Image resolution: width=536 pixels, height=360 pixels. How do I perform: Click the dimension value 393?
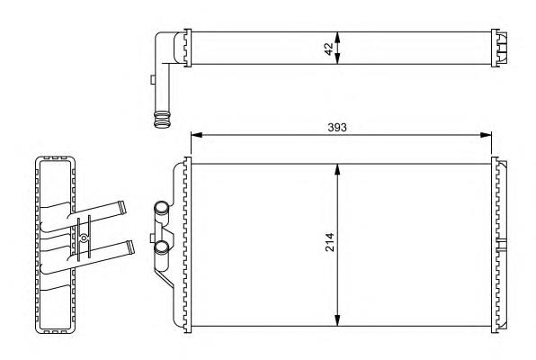point(337,127)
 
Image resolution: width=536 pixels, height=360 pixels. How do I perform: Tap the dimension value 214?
point(330,242)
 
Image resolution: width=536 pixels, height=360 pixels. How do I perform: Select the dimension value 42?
point(329,49)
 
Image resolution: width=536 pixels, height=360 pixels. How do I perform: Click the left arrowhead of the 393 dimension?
point(197,135)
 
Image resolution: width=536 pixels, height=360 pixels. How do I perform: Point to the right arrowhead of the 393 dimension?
point(486,135)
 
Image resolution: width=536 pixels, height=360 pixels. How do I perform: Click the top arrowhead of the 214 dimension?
point(337,170)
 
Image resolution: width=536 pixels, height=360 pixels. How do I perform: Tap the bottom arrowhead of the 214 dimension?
point(337,320)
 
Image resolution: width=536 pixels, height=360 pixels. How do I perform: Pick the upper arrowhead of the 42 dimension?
point(337,37)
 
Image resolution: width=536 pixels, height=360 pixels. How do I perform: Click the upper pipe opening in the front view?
point(161,208)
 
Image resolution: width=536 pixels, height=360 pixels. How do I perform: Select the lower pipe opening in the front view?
point(161,247)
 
